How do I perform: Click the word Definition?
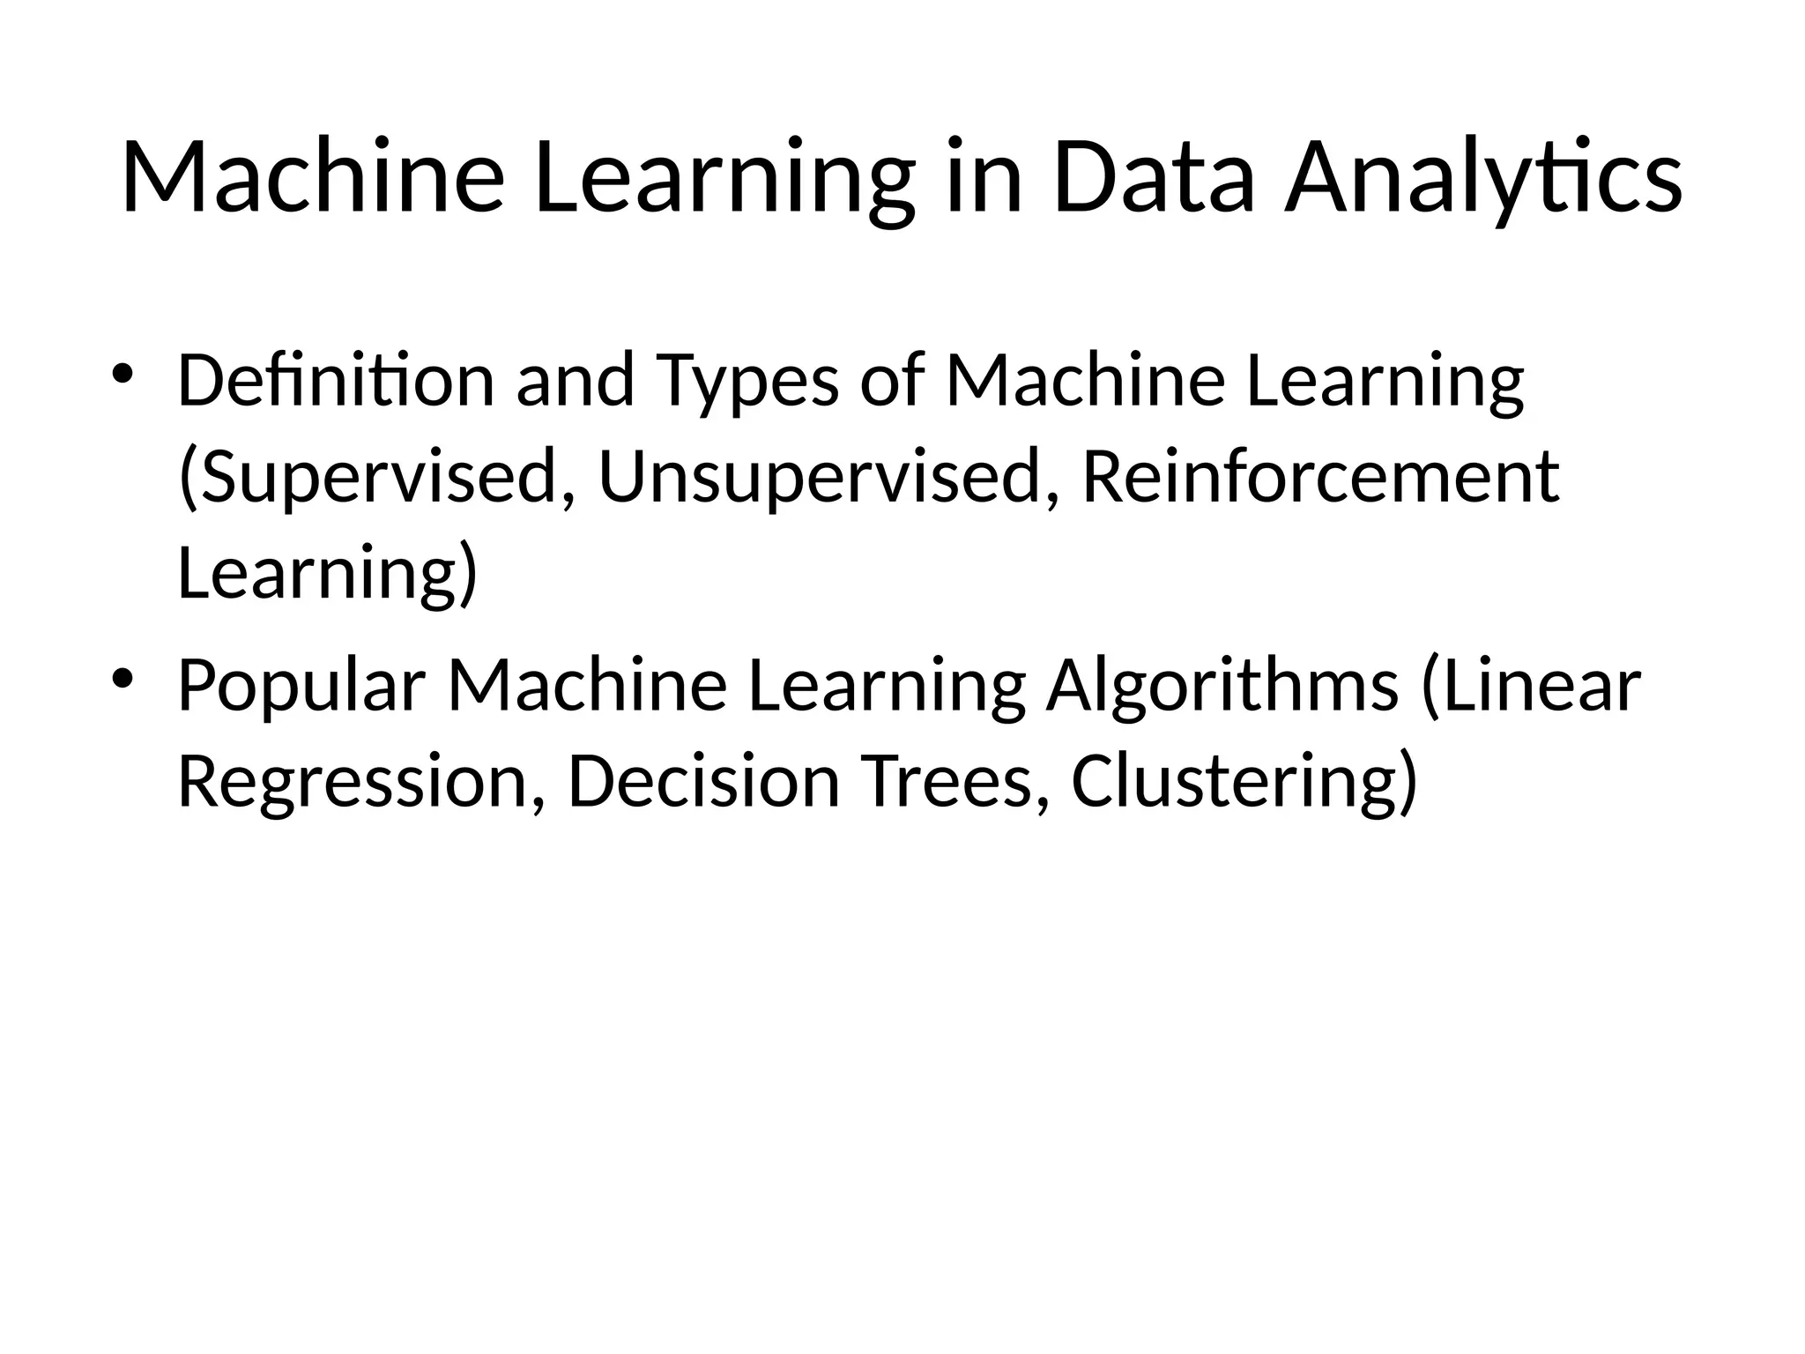point(336,380)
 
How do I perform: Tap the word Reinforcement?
point(1320,477)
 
